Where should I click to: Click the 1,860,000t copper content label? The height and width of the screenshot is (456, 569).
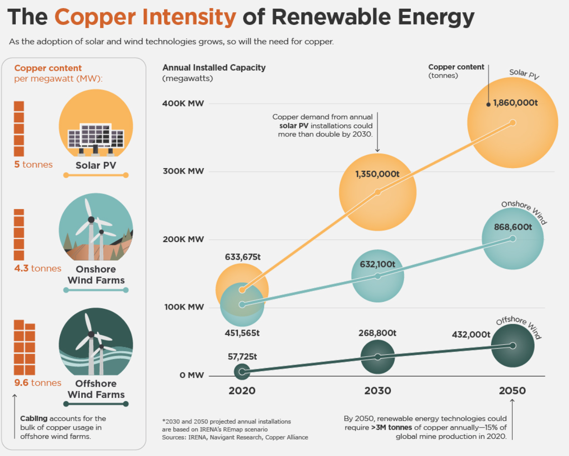(x=515, y=103)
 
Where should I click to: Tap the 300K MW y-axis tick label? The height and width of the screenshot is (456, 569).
(x=183, y=171)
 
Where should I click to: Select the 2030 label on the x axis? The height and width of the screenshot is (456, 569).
(x=377, y=391)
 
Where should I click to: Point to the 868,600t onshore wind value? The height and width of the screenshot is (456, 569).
(x=513, y=227)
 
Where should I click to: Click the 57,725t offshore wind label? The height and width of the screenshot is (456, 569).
(x=242, y=357)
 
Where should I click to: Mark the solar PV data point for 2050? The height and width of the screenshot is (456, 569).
(x=513, y=122)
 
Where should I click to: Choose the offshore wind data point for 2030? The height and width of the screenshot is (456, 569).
(x=378, y=357)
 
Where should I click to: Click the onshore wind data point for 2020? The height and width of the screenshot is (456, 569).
(x=242, y=305)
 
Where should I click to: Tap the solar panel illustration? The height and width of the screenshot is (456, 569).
(x=96, y=139)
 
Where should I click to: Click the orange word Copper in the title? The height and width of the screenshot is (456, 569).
(x=95, y=17)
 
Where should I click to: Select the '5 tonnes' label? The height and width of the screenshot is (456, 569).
(x=33, y=165)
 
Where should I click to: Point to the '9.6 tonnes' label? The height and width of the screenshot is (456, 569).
(x=38, y=383)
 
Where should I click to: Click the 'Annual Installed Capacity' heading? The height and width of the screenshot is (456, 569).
(x=214, y=68)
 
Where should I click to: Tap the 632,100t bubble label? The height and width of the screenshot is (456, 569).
(x=377, y=264)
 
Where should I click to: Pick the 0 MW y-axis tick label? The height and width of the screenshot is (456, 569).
(x=192, y=375)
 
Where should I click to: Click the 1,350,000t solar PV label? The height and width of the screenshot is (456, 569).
(x=377, y=174)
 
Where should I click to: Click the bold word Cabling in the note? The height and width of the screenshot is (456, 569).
(x=34, y=418)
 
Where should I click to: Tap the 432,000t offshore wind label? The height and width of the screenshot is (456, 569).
(x=471, y=335)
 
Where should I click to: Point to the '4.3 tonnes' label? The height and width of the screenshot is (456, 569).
(x=38, y=268)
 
